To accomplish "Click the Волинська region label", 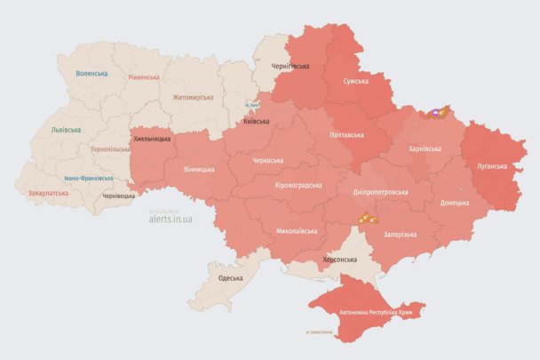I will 91,74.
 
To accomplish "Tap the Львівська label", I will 65,130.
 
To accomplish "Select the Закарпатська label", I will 47,192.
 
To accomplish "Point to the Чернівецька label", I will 118,196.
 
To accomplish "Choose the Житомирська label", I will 192,97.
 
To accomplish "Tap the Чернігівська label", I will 290,66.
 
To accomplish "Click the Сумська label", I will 356,81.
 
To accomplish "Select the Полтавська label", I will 346,135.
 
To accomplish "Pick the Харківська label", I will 424,148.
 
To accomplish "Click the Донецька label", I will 454,203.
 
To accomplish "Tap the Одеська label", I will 230,278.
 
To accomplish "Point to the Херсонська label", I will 339,259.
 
